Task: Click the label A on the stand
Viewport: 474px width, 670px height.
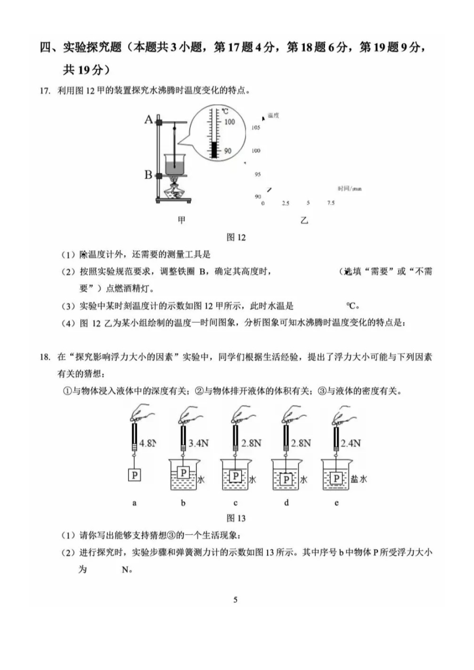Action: click(x=148, y=120)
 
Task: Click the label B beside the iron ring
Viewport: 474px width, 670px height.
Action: click(x=148, y=175)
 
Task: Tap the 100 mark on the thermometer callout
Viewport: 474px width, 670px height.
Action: click(x=229, y=122)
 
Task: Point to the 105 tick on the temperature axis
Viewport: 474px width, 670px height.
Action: click(x=256, y=128)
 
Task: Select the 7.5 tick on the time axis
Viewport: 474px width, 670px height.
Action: click(x=331, y=203)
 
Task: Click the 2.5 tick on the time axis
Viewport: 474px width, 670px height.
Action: click(x=285, y=203)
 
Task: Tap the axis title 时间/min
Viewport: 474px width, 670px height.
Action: click(x=349, y=188)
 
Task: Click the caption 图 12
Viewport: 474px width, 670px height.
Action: click(x=236, y=237)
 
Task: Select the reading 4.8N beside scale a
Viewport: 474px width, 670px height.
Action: click(x=148, y=444)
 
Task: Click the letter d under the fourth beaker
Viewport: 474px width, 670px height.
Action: click(x=286, y=503)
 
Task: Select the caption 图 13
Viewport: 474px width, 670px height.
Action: click(x=236, y=518)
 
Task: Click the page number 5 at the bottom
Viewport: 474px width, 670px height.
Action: click(x=235, y=600)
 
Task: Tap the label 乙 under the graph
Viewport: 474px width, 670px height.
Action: click(x=304, y=220)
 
